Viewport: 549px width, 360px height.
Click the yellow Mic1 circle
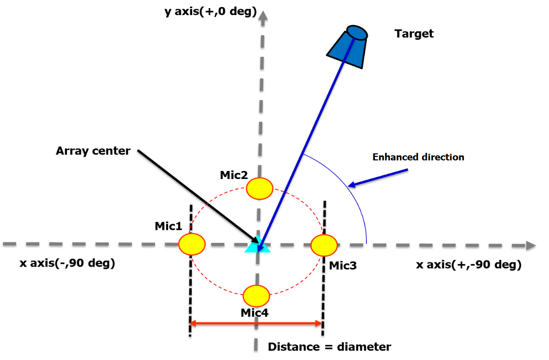coord(192,244)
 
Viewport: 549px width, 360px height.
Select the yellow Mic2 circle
coord(260,189)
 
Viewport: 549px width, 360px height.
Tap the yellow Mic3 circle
coord(324,245)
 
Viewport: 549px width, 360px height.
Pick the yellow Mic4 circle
coord(257,295)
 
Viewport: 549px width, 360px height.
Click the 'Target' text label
coord(414,34)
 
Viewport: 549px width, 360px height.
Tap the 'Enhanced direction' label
coord(418,157)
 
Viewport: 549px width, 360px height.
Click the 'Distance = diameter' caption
coord(329,347)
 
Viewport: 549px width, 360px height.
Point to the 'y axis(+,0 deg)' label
coord(210,11)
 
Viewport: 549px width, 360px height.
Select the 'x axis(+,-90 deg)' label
coord(468,264)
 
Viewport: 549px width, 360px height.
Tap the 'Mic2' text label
coord(233,175)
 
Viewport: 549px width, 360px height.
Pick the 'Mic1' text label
coord(168,226)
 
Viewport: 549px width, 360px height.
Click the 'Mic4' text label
coord(254,313)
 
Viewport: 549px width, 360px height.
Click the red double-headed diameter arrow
coord(256,323)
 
